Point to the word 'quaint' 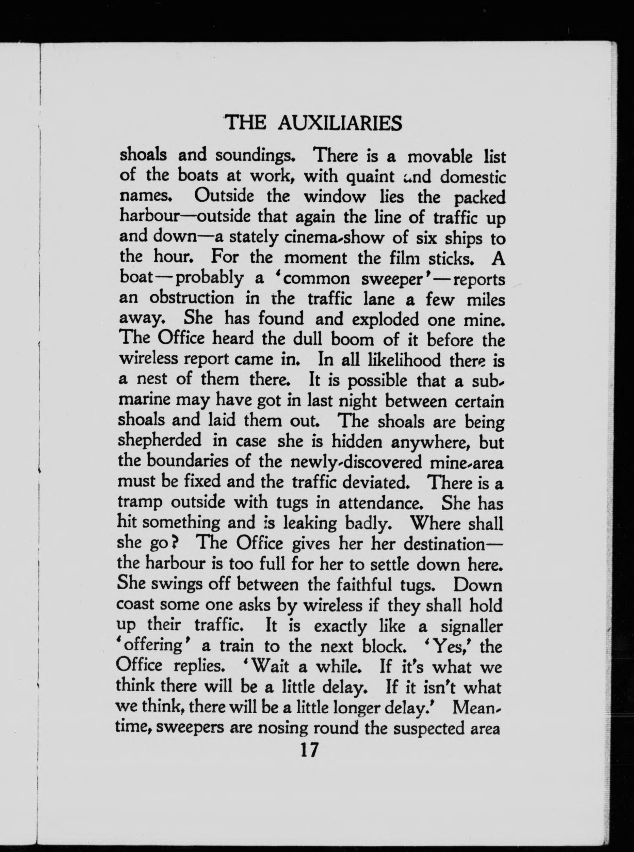370,177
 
